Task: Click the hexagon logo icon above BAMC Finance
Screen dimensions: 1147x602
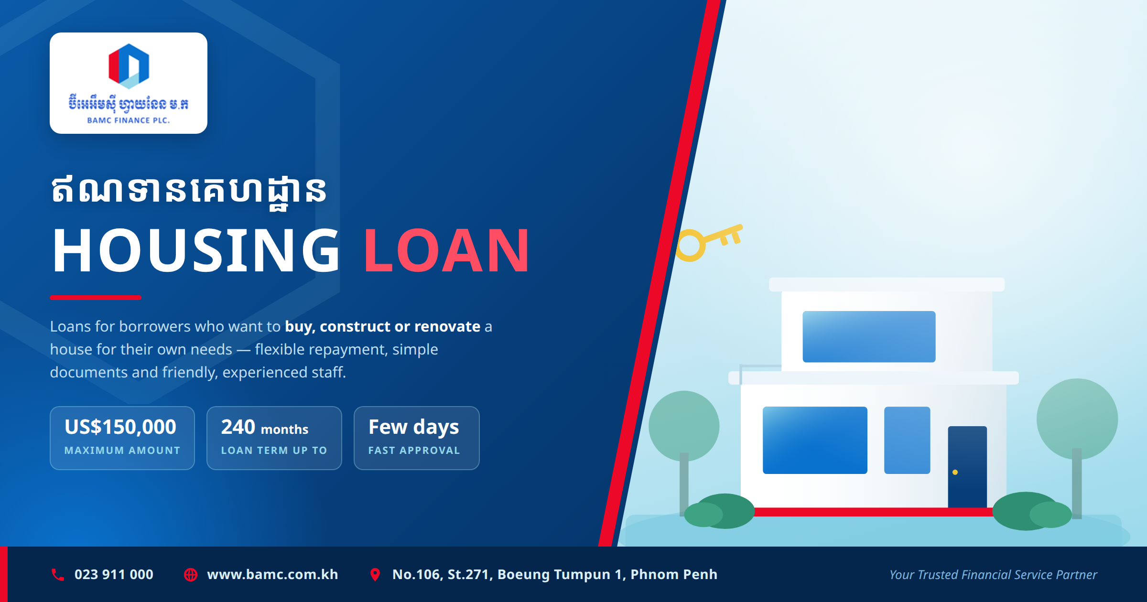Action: [129, 66]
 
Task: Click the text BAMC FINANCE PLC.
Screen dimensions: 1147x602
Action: [129, 120]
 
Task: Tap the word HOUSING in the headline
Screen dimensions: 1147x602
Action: [196, 250]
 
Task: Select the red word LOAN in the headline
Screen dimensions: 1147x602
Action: [447, 250]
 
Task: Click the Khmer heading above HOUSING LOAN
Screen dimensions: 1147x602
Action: [189, 191]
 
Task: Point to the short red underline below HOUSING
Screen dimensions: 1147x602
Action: [96, 298]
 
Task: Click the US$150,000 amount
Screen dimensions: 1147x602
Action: [120, 427]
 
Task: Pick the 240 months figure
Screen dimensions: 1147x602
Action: [265, 427]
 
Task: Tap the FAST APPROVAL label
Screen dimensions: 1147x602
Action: [414, 451]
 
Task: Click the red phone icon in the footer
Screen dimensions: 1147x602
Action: [58, 575]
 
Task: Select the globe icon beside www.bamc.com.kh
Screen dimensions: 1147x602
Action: [191, 575]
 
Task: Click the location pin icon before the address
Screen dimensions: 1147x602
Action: [375, 575]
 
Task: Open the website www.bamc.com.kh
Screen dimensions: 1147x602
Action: [272, 574]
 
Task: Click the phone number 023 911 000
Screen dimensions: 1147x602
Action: [114, 574]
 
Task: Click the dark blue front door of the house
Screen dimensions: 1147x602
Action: [967, 467]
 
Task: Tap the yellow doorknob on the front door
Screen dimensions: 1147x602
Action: [955, 473]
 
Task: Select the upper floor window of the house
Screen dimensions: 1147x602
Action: [869, 336]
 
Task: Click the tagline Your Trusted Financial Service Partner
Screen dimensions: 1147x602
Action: [993, 575]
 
